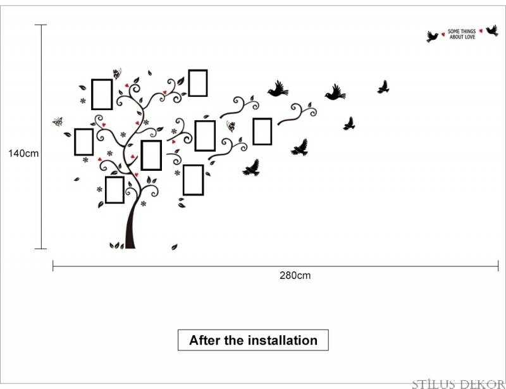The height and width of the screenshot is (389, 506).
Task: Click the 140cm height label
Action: (23, 153)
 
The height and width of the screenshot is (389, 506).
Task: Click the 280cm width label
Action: (295, 275)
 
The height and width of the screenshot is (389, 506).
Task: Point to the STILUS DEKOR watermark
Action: (458, 384)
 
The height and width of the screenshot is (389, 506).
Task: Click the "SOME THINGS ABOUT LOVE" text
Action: (462, 34)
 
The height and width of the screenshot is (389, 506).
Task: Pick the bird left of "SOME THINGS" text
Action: (433, 37)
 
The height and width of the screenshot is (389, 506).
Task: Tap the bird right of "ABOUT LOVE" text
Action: (493, 30)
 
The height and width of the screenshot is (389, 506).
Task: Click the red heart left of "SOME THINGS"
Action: (443, 34)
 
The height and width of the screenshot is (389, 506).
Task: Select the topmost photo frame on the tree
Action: (198, 83)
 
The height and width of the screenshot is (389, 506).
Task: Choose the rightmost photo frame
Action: (262, 132)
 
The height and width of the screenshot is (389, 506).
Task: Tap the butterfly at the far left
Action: (58, 121)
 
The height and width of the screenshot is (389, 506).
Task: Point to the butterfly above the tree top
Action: (117, 73)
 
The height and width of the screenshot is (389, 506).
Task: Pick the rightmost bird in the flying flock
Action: (383, 87)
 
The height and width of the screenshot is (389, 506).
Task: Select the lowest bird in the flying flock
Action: (252, 168)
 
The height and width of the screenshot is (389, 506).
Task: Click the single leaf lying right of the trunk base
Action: (175, 247)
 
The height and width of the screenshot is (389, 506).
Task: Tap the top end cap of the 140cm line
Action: (40, 25)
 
